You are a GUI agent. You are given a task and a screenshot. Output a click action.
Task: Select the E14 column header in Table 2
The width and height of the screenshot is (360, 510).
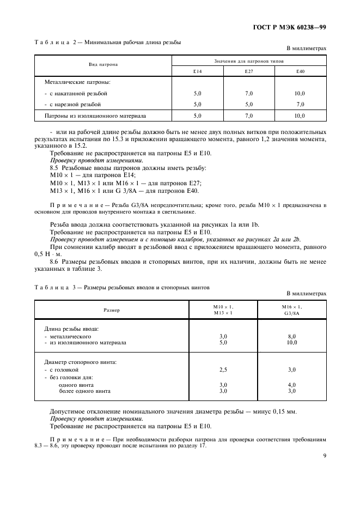(197, 71)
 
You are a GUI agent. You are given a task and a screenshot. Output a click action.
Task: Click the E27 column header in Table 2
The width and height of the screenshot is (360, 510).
(249, 71)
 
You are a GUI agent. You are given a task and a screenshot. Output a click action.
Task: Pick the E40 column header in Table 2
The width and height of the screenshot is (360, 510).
(300, 71)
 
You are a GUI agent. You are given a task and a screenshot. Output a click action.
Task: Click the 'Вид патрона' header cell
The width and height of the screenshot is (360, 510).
(103, 64)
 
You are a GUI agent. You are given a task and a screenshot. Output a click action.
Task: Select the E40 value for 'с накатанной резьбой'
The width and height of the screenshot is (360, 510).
(300, 94)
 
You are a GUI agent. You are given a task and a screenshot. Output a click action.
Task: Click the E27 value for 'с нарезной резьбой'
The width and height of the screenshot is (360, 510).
(249, 104)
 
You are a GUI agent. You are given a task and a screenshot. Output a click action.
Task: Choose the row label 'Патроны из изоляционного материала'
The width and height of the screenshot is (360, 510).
(95, 116)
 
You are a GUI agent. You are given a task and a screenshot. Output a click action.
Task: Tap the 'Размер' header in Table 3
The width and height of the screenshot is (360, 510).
(112, 310)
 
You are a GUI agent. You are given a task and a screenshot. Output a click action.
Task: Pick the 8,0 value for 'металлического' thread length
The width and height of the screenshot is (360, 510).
(292, 337)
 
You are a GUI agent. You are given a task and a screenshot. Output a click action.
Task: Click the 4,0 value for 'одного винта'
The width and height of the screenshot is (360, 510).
(292, 385)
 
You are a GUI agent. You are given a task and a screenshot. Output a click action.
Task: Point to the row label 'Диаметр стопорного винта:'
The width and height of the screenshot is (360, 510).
(80, 362)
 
